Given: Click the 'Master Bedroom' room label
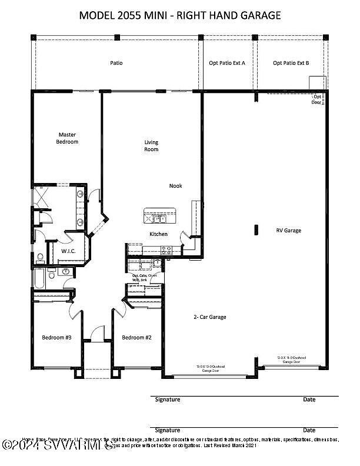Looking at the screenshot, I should (x=67, y=138).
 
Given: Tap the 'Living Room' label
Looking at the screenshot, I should (x=152, y=146).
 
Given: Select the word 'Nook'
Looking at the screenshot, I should (x=175, y=186).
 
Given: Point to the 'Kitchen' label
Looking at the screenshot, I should (x=158, y=234).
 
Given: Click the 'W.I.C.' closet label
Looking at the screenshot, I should (x=69, y=251).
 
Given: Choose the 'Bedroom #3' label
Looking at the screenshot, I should (x=56, y=338).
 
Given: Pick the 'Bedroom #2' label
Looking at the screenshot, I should (x=137, y=338).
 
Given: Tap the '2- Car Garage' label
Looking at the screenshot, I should (x=210, y=317).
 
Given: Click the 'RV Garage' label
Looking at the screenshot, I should (x=288, y=231).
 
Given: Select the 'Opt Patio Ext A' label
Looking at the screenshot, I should (x=226, y=62).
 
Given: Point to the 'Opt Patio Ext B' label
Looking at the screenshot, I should (x=291, y=62).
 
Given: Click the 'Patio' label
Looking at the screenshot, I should (x=116, y=62).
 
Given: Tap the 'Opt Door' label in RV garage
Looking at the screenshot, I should (x=317, y=99).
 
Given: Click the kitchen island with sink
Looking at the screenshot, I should (x=159, y=217).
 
